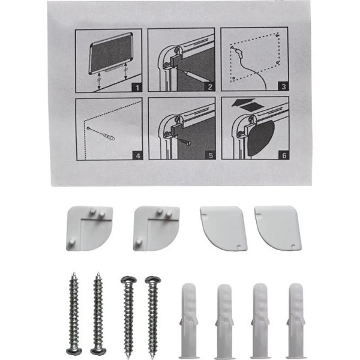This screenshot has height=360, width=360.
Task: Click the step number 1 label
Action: pyautogui.click(x=137, y=88)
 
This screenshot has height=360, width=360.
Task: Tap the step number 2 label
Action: pyautogui.click(x=210, y=87)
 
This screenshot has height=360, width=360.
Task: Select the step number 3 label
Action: pyautogui.click(x=283, y=86)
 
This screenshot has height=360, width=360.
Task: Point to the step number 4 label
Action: pyautogui.click(x=138, y=155)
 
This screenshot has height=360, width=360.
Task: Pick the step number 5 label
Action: pyautogui.click(x=211, y=155)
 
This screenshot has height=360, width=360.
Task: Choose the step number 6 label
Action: pyautogui.click(x=284, y=155)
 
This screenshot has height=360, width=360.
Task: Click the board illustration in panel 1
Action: pyautogui.click(x=111, y=53)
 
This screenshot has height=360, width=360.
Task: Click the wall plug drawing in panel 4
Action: pyautogui.click(x=109, y=137)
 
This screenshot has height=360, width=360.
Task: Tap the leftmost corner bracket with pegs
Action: pyautogui.click(x=89, y=228)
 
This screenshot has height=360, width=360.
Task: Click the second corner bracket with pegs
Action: pyautogui.click(x=156, y=229)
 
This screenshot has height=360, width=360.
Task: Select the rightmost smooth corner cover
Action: pyautogui.click(x=278, y=228)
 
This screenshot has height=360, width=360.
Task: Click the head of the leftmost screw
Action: pyautogui.click(x=74, y=351)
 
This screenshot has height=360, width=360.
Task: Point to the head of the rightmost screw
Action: pyautogui.click(x=153, y=280)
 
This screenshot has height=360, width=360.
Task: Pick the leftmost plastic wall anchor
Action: pyautogui.click(x=189, y=321)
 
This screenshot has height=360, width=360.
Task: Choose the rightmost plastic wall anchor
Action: pyautogui.click(x=296, y=321)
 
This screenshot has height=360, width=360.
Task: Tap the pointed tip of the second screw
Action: pyautogui.click(x=98, y=273)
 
